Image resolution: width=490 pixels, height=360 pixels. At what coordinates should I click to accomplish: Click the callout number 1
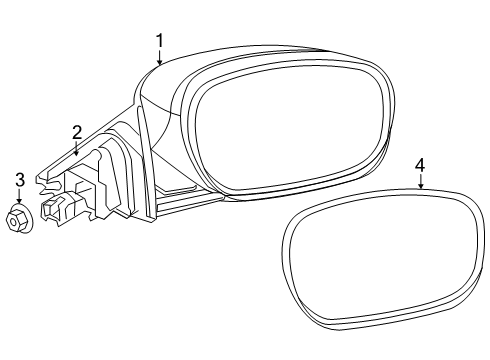tap(158, 39)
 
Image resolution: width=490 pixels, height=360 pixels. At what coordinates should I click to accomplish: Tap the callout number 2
tap(76, 131)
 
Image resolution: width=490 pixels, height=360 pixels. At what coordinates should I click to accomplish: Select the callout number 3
tap(19, 180)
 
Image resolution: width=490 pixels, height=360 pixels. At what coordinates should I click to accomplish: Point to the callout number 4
tap(421, 165)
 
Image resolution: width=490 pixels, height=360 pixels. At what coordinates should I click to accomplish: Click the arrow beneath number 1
tap(158, 57)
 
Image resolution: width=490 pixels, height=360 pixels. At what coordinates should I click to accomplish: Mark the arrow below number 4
tap(421, 183)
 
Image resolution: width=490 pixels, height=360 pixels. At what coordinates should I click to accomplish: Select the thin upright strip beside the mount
tap(148, 160)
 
